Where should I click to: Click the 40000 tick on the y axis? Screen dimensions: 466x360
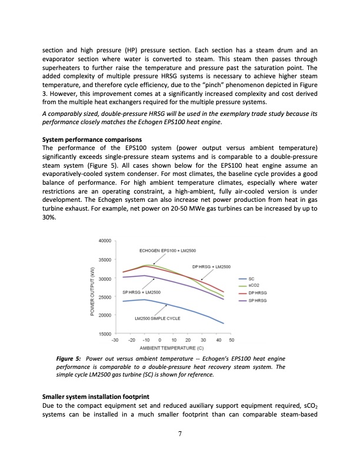point(106,241)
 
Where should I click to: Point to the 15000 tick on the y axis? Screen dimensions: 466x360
point(106,334)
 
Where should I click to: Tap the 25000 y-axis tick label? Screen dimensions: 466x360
point(106,297)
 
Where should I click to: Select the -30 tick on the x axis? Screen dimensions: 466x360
point(116,340)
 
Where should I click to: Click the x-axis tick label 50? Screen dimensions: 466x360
point(231,340)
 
